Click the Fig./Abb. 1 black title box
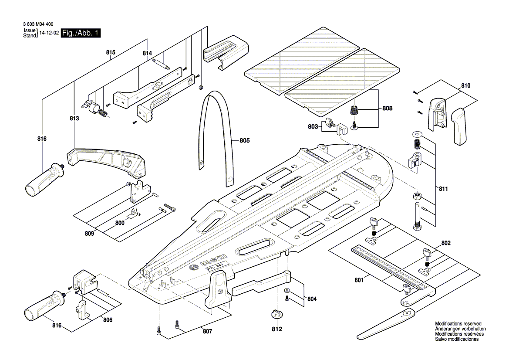click(x=81, y=33)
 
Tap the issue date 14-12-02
click(x=49, y=33)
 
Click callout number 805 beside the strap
click(x=245, y=141)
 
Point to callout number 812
click(x=277, y=329)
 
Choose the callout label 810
click(x=465, y=86)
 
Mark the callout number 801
click(x=359, y=281)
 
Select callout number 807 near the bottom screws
click(x=207, y=332)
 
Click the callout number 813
click(x=74, y=119)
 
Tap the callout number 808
click(x=388, y=108)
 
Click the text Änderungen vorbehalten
click(x=460, y=329)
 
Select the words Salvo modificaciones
click(x=457, y=339)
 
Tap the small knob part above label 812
click(x=277, y=314)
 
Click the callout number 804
click(x=312, y=299)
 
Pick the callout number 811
click(x=443, y=190)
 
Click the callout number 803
click(x=313, y=126)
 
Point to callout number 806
click(x=107, y=320)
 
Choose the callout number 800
click(x=120, y=222)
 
